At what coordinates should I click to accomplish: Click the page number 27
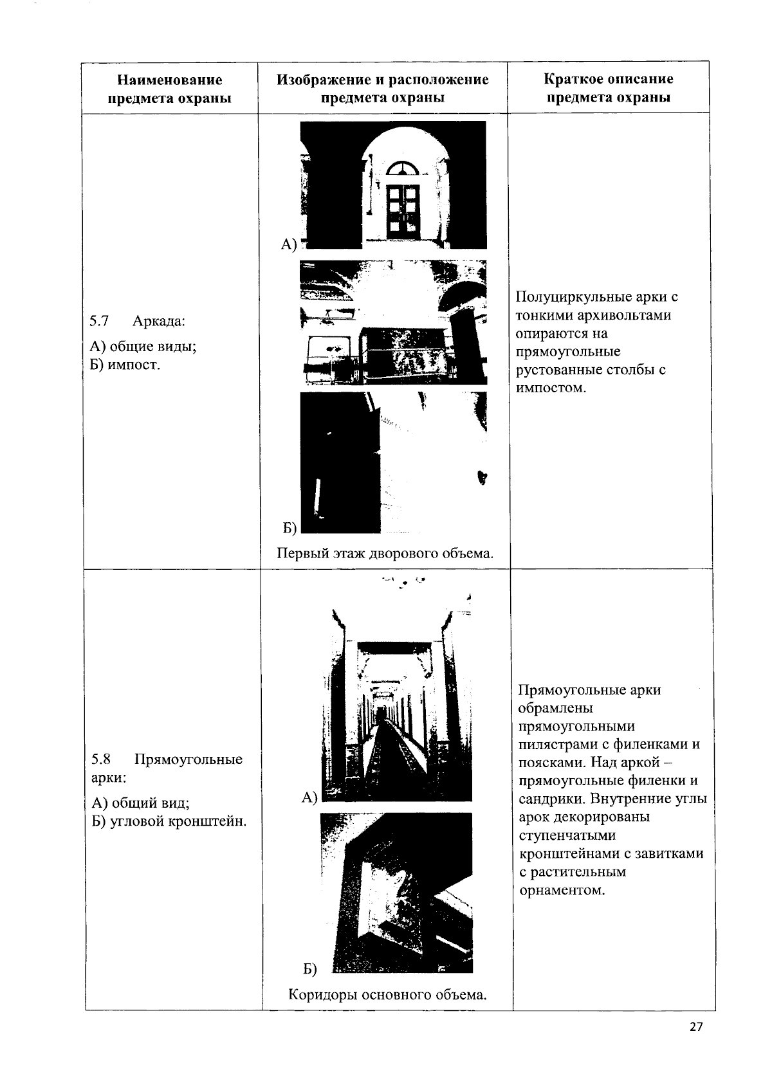[x=696, y=1026]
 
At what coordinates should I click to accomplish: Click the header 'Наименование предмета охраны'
[x=170, y=89]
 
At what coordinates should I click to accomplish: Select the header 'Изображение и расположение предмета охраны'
[x=383, y=89]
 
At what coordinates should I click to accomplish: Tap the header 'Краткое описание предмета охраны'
[x=608, y=88]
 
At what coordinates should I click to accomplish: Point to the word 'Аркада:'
[x=159, y=321]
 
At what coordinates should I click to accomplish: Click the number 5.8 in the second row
[x=102, y=759]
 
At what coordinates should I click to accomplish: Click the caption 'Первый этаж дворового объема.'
[x=385, y=553]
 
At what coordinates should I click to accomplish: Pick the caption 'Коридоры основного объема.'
[x=387, y=995]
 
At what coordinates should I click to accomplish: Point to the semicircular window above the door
[x=403, y=168]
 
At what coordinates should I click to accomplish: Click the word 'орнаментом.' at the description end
[x=562, y=890]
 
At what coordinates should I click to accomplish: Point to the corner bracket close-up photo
[x=396, y=892]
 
